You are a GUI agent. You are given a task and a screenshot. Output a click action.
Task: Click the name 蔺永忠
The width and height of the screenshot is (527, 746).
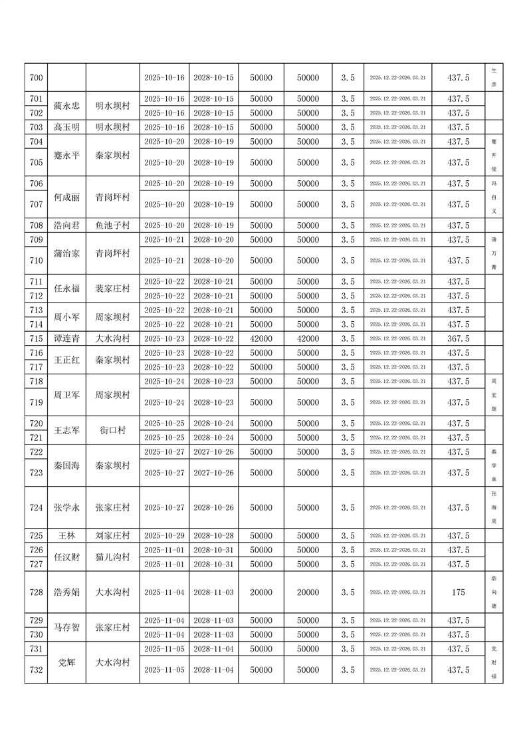(x=66, y=106)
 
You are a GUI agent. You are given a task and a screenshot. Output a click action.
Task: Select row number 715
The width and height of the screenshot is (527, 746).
(x=37, y=338)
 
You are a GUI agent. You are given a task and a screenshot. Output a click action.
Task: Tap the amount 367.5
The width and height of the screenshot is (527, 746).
(x=458, y=338)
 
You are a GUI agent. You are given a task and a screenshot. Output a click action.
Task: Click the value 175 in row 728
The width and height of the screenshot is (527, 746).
(x=458, y=592)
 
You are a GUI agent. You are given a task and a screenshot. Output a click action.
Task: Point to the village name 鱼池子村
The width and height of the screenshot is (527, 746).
(x=112, y=225)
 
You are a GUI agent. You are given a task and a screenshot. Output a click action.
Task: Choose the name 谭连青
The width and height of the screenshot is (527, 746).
(x=66, y=338)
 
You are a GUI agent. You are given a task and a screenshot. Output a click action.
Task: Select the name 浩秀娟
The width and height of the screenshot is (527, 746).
(x=66, y=592)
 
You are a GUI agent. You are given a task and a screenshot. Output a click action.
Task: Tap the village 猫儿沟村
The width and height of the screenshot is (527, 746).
(x=112, y=557)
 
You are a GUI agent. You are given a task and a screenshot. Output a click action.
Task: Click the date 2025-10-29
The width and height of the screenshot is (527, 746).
(x=164, y=535)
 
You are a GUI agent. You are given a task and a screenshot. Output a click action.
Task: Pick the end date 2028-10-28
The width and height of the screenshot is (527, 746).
(x=213, y=535)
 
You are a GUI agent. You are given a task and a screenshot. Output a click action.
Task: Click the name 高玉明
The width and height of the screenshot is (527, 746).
(x=66, y=127)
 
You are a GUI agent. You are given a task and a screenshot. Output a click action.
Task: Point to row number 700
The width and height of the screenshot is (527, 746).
(x=37, y=78)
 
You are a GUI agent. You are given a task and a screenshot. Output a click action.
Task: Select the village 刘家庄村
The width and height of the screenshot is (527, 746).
(x=112, y=535)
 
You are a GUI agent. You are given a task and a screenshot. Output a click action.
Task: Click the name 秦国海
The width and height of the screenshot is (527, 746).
(x=66, y=465)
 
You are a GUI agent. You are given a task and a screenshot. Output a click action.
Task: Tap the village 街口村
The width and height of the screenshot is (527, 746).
(x=112, y=430)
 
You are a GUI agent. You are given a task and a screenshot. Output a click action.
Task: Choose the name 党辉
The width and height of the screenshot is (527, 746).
(x=66, y=662)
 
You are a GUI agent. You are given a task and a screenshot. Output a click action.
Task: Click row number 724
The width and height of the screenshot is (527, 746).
(x=37, y=507)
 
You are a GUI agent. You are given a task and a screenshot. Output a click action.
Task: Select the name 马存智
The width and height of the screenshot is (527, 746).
(x=66, y=627)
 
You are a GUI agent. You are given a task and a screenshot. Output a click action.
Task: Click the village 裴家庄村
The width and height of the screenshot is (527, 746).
(x=112, y=289)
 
